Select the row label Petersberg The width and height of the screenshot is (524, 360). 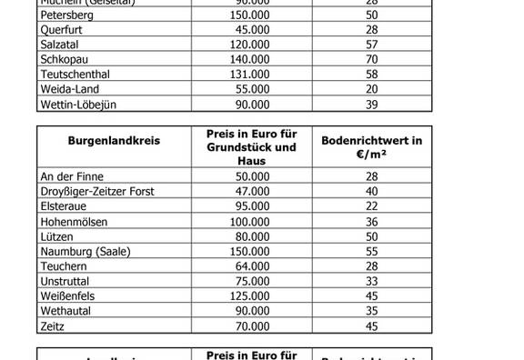tap(69, 15)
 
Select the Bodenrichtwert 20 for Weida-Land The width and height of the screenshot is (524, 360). tap(371, 88)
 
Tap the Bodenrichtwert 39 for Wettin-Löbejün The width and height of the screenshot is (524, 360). tap(371, 105)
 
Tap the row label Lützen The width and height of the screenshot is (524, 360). tap(57, 235)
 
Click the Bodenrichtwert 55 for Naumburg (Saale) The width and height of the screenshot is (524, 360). tap(371, 250)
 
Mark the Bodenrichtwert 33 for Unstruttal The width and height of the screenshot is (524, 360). tap(371, 280)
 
